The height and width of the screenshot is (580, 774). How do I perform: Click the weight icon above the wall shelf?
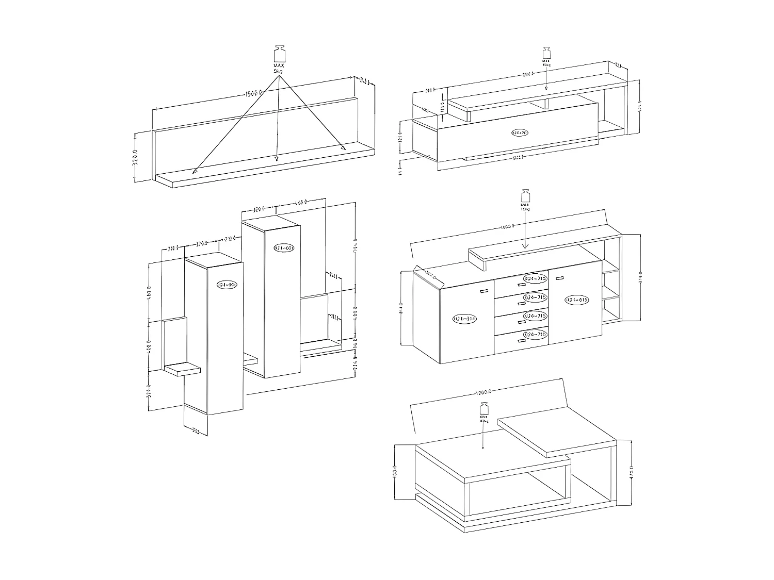point(279,54)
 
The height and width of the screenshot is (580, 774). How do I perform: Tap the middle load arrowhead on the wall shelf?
point(277,159)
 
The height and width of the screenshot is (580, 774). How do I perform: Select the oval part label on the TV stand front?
point(520,132)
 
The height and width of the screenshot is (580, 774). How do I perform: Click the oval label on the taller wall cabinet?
point(284,248)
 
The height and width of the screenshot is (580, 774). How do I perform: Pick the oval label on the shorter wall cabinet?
point(227,285)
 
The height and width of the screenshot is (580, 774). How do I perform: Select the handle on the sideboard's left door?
point(484,292)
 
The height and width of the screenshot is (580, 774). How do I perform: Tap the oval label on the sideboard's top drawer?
point(535,278)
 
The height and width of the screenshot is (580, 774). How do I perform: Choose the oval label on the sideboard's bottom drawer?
point(535,335)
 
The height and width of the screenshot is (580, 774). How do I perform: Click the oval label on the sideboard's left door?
point(465,319)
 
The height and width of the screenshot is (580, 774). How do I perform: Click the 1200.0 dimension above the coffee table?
point(485,393)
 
